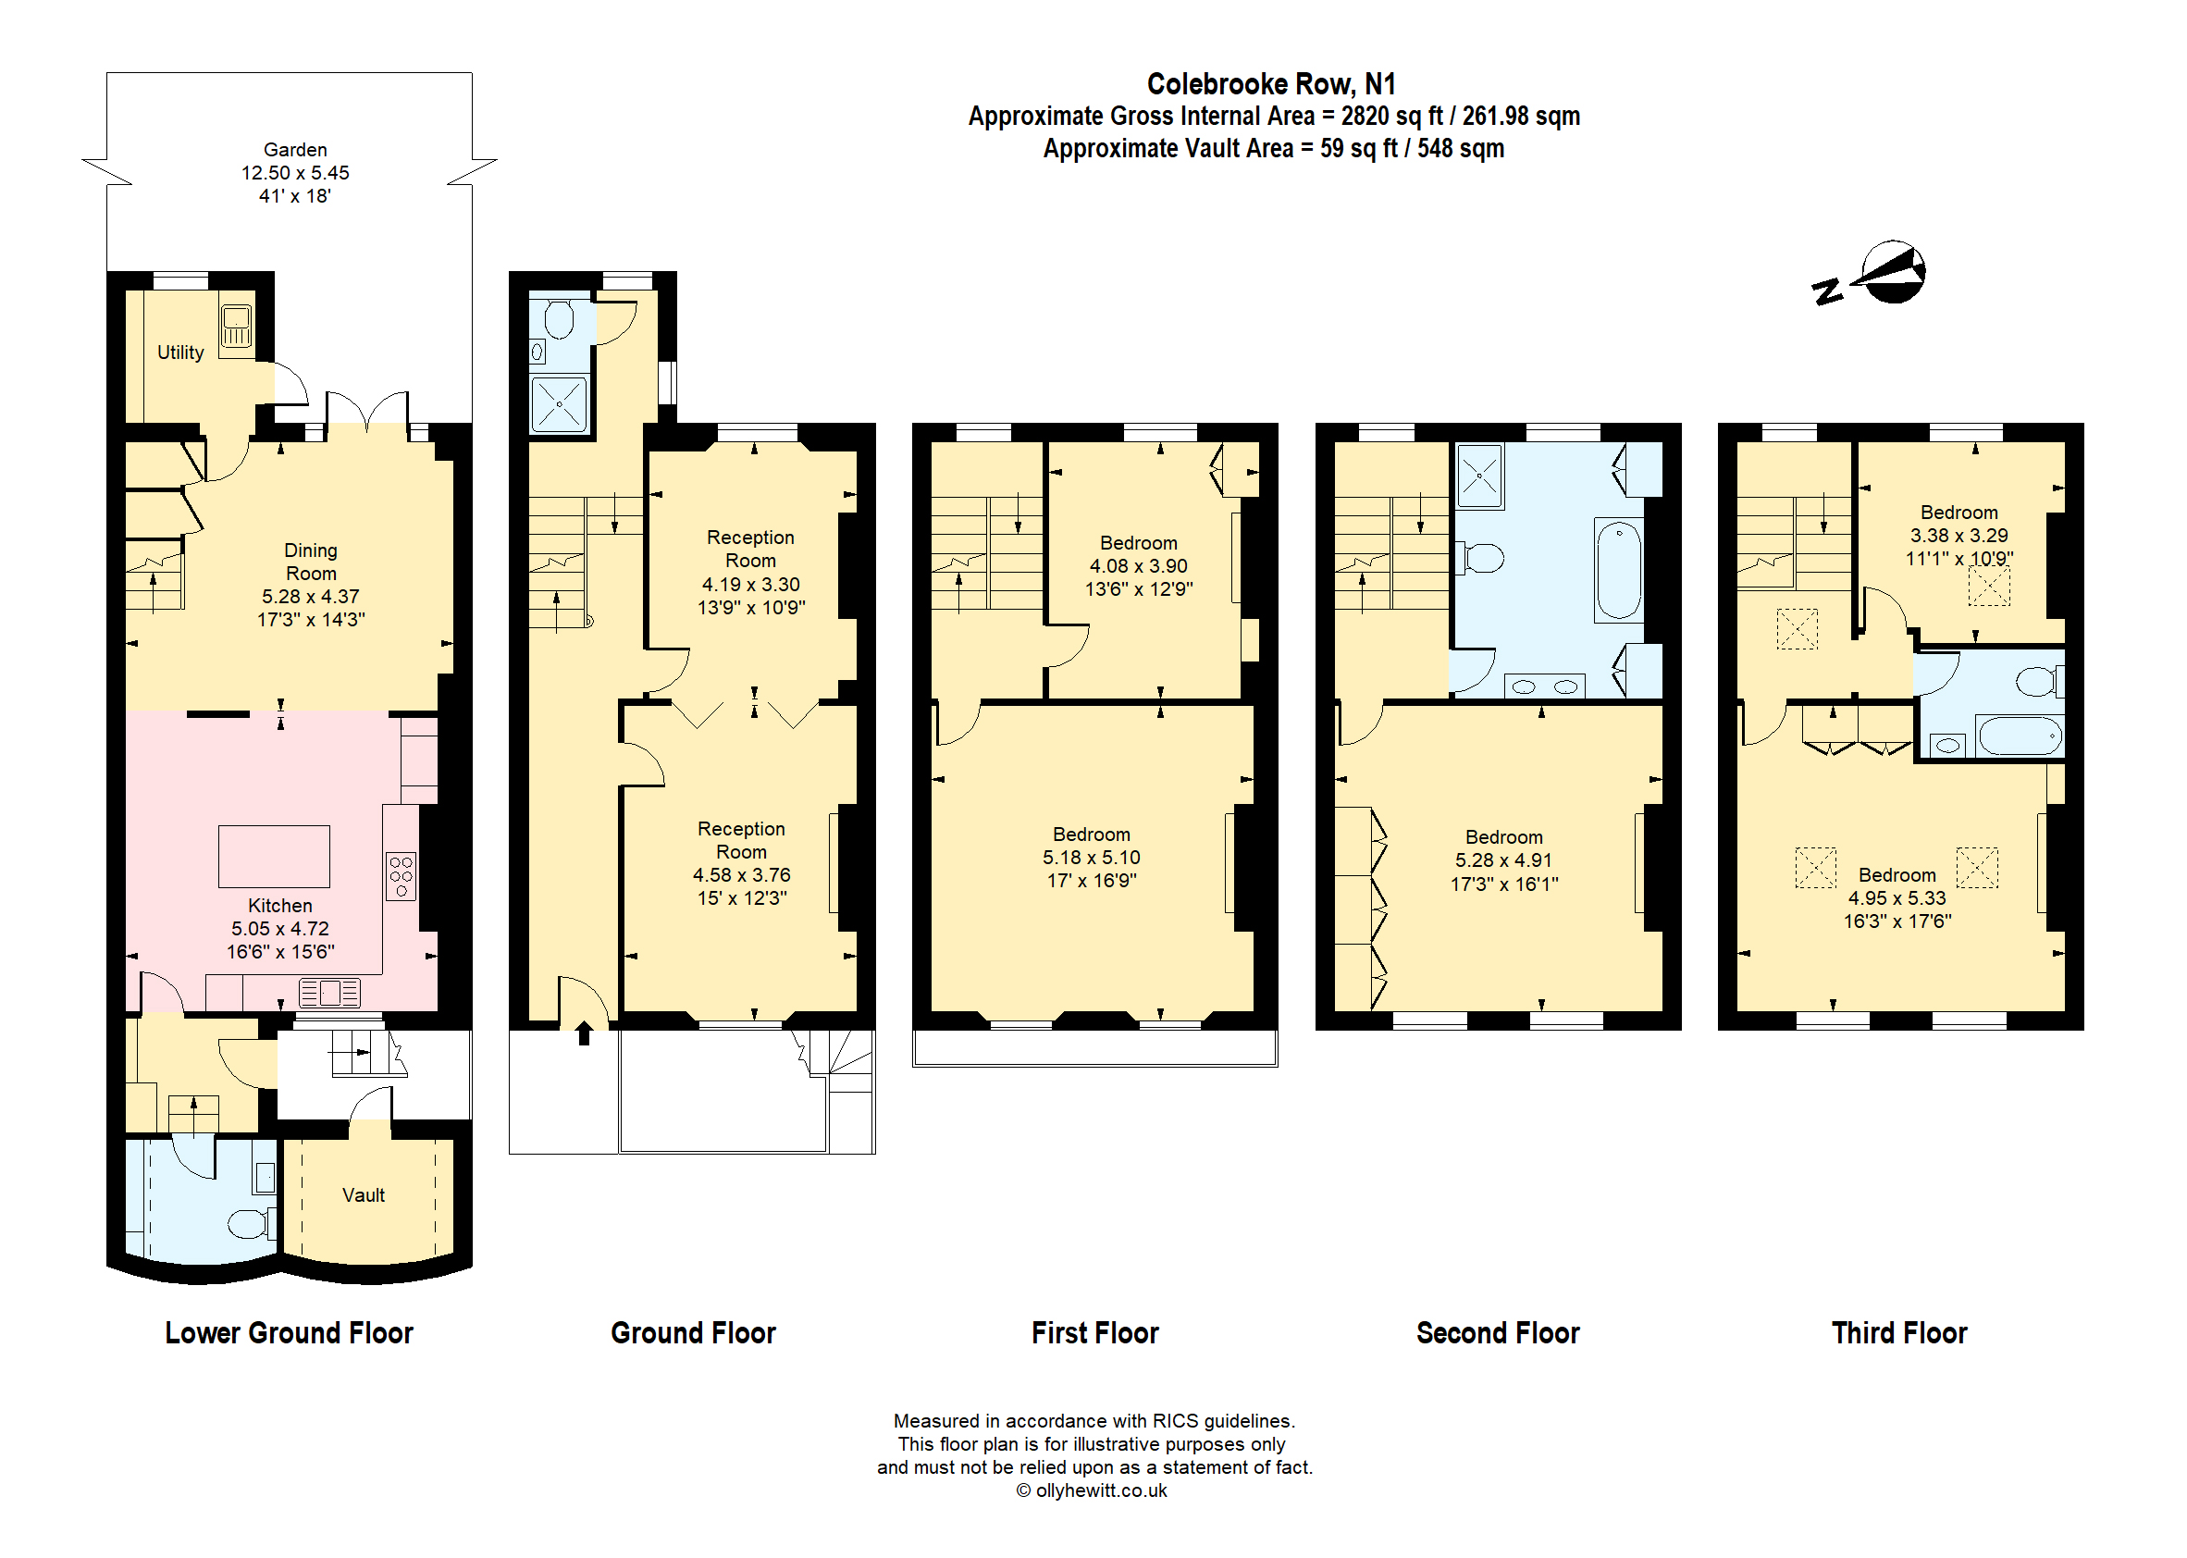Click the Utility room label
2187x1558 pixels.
coord(180,352)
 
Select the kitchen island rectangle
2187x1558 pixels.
coord(274,856)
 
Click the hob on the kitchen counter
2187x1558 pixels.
coord(401,876)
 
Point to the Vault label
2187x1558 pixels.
coord(364,1195)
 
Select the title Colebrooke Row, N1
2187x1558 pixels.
coord(1271,84)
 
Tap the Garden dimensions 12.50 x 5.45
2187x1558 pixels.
coord(294,173)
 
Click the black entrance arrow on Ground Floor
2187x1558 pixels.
coord(583,1033)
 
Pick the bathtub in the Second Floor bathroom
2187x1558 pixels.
coord(1619,570)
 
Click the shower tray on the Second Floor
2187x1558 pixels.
coord(1479,475)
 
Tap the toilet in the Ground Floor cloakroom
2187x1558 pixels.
coord(558,319)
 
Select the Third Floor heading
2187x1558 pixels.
coord(1898,1332)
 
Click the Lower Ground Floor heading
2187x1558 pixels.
coord(289,1332)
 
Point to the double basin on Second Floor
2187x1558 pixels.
coord(1544,686)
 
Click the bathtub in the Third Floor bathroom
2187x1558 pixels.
coord(2020,736)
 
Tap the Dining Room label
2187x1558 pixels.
coord(311,562)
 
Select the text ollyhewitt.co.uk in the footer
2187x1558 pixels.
coord(1100,1490)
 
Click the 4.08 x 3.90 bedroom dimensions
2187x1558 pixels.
coord(1138,566)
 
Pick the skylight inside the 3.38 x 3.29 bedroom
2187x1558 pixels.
coord(1988,587)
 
